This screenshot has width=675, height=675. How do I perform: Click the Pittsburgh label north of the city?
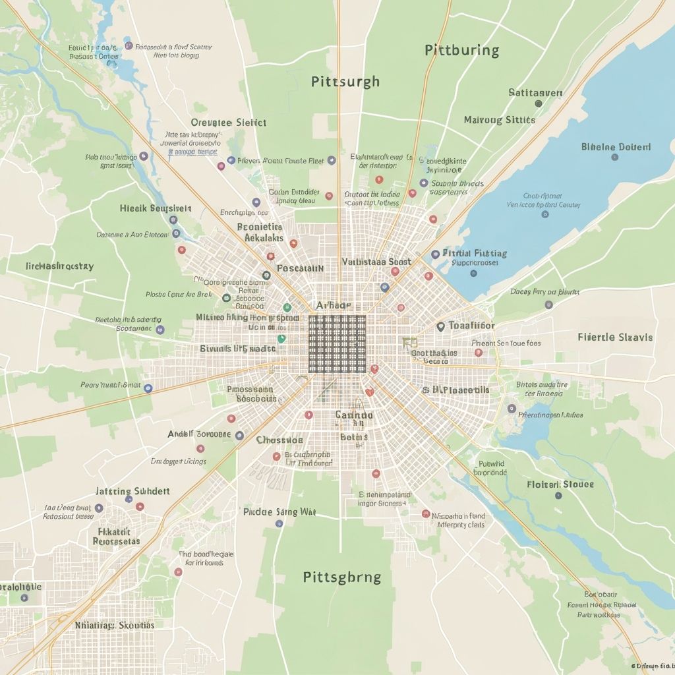click(x=345, y=82)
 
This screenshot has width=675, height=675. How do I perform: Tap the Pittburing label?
click(x=461, y=50)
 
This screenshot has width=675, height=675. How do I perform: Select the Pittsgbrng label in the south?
click(x=341, y=577)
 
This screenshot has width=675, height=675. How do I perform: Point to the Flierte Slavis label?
click(x=615, y=337)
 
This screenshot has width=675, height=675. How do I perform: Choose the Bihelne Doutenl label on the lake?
click(x=616, y=147)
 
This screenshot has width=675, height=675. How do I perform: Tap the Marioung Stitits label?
click(x=500, y=120)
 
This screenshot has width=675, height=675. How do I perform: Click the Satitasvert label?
click(x=535, y=93)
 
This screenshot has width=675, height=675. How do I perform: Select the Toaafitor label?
click(x=471, y=326)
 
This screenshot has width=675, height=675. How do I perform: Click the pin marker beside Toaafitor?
click(x=440, y=326)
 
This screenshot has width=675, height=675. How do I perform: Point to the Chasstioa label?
click(x=279, y=440)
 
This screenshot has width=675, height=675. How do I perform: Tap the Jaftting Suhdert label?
click(x=132, y=491)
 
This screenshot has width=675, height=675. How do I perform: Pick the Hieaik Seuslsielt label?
click(x=156, y=208)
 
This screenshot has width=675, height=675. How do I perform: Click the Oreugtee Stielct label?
click(x=228, y=123)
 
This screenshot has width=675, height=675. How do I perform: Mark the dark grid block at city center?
click(x=337, y=343)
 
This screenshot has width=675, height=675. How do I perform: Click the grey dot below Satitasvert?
click(x=539, y=103)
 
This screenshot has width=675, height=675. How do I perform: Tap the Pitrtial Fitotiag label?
click(x=475, y=253)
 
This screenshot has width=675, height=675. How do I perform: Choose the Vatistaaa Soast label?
click(x=376, y=262)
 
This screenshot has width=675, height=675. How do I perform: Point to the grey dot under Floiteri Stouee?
click(x=558, y=495)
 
